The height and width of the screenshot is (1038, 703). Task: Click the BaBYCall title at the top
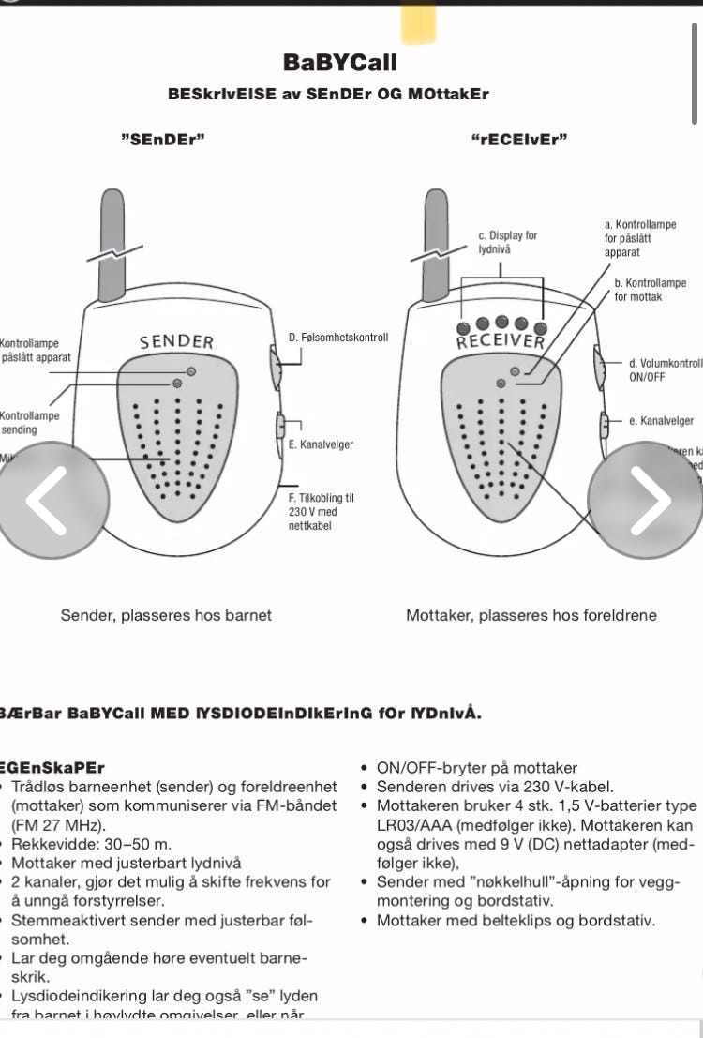[340, 63]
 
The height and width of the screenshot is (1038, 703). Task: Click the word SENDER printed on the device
[177, 342]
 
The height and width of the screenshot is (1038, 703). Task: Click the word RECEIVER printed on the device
[501, 339]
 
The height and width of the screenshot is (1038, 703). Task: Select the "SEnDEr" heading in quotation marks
[163, 140]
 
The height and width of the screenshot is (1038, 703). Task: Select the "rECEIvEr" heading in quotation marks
[520, 140]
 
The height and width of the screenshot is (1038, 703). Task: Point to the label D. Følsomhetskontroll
[337, 338]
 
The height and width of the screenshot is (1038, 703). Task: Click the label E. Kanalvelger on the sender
[321, 444]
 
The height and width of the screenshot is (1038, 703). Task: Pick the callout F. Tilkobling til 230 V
[321, 512]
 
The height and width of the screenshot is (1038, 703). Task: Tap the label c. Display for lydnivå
[507, 243]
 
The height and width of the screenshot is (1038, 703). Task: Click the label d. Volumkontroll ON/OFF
[665, 369]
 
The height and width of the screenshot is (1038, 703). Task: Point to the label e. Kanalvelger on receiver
[661, 421]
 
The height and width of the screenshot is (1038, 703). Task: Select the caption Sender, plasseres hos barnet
[166, 615]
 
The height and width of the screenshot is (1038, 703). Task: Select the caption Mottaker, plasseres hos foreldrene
[531, 615]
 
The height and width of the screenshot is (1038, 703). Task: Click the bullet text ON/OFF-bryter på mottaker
[477, 768]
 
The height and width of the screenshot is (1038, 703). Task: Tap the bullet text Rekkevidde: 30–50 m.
[92, 845]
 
